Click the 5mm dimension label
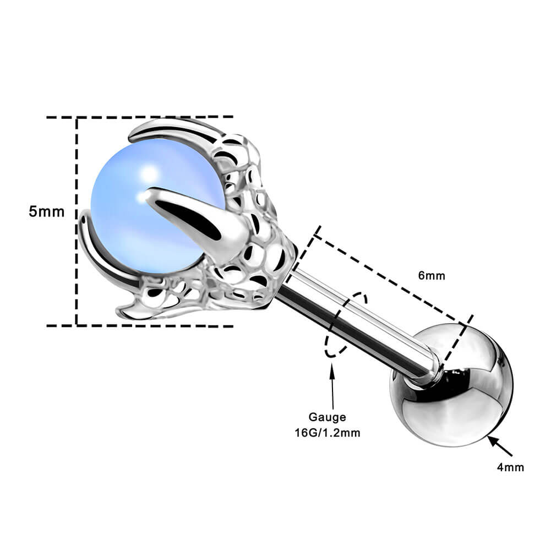47,211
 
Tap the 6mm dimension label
431,276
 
